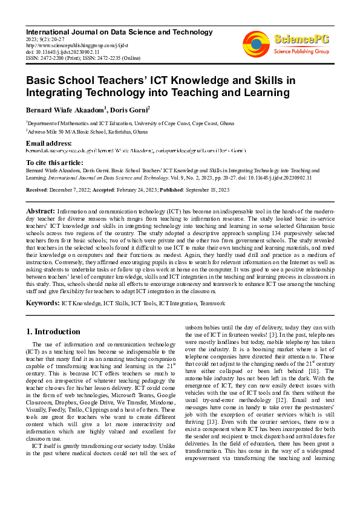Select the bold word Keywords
pyautogui.click(x=43, y=301)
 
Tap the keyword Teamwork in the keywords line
pyautogui.click(x=212, y=302)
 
